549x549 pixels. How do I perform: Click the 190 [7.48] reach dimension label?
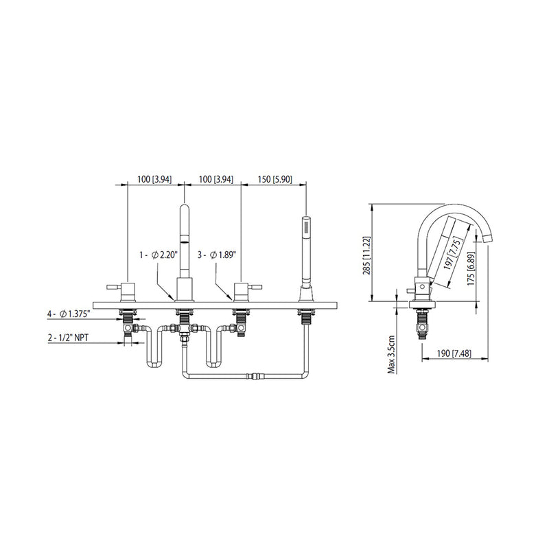tap(452, 353)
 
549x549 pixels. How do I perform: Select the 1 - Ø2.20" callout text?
tap(159, 254)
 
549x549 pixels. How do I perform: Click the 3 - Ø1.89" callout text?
tap(218, 254)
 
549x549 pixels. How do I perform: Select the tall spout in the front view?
tap(184, 247)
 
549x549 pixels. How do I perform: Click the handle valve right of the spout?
tap(241, 291)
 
